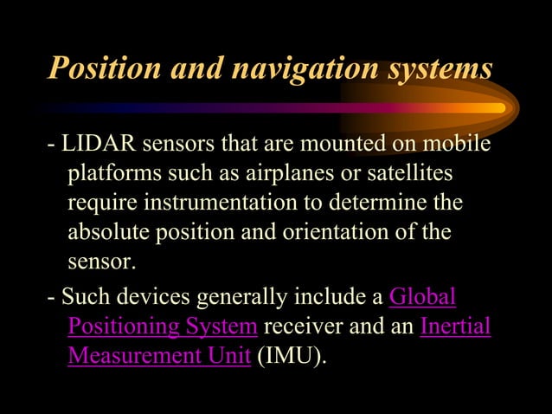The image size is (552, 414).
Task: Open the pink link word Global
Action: [423, 298]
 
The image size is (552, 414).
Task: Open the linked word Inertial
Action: [455, 327]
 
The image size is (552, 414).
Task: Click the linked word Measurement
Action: [130, 357]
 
